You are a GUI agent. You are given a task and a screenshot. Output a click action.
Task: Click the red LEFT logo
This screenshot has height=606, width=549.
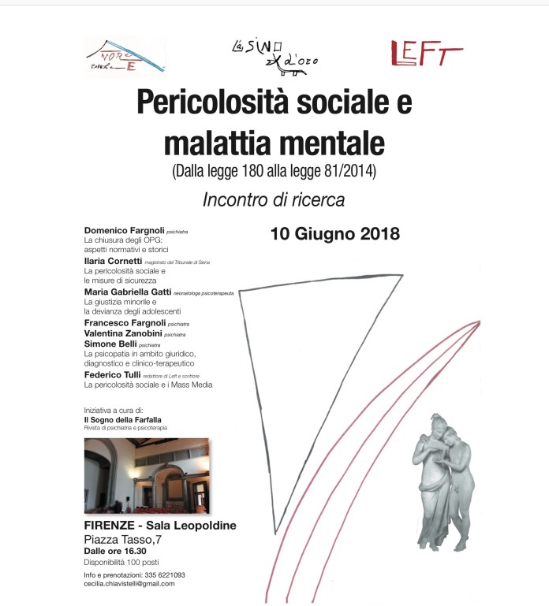[426, 54]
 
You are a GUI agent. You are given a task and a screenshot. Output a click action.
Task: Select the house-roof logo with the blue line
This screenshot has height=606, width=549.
[125, 57]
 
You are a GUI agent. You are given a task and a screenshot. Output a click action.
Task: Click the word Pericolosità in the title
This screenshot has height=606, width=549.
[208, 103]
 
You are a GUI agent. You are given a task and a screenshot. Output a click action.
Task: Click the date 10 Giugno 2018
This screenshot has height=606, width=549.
[334, 234]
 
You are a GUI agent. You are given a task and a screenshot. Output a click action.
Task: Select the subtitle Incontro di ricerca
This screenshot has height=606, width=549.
[274, 200]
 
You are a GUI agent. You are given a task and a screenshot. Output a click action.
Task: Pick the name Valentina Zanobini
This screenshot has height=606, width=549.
[122, 333]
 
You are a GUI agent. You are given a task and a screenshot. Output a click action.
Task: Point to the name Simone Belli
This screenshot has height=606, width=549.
[110, 344]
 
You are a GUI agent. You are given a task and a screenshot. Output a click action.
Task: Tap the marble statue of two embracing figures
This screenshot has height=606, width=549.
[443, 481]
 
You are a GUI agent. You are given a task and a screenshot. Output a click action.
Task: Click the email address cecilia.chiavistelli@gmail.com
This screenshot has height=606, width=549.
[129, 584]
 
